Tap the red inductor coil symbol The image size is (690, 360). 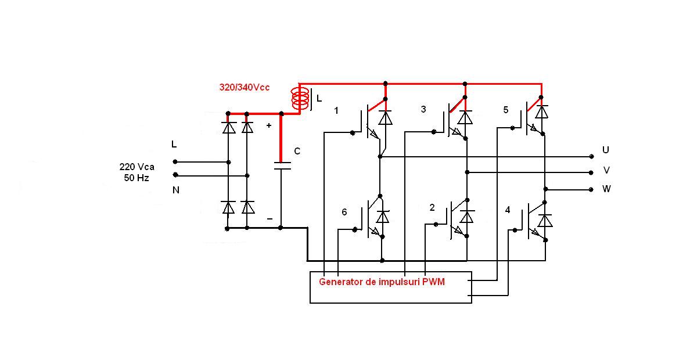click(x=300, y=98)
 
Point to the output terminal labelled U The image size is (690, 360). click(x=591, y=156)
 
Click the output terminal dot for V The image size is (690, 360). click(x=591, y=172)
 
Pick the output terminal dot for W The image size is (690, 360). click(x=591, y=189)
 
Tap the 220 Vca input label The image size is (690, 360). click(x=136, y=167)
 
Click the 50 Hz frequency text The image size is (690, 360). click(x=136, y=178)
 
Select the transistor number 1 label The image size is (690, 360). click(x=336, y=110)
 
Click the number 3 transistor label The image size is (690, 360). click(x=423, y=109)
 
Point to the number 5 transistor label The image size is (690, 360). click(x=505, y=109)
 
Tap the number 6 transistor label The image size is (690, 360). click(x=344, y=213)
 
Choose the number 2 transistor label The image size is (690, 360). click(x=432, y=207)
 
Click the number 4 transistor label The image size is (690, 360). click(x=508, y=209)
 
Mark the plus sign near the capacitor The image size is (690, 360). click(x=269, y=125)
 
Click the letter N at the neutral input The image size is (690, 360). click(x=176, y=190)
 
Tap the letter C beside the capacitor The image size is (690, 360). click(x=297, y=152)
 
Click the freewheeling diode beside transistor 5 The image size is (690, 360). click(x=541, y=111)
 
